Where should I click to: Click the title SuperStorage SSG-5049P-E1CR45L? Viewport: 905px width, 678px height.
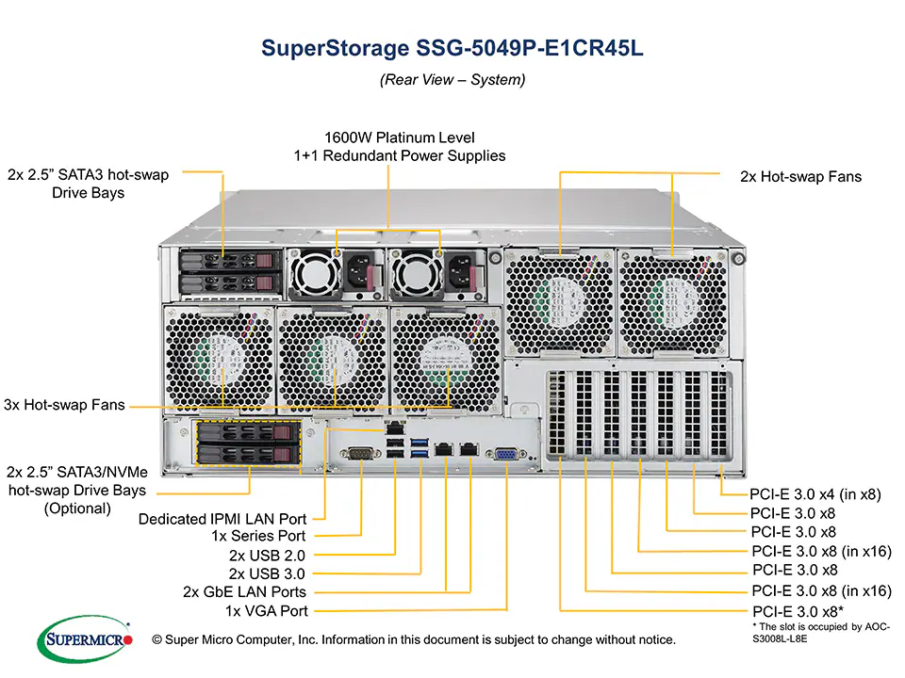click(x=452, y=49)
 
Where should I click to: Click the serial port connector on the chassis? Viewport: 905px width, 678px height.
click(x=359, y=457)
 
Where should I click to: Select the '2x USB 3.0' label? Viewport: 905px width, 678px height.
click(x=268, y=573)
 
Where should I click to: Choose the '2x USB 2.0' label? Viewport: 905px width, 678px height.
click(x=268, y=555)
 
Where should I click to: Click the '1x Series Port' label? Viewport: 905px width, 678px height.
click(x=258, y=536)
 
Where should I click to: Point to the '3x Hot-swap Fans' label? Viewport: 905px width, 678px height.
click(x=63, y=405)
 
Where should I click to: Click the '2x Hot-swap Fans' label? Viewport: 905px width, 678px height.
click(x=800, y=176)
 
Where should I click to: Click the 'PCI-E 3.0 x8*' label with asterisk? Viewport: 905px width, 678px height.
click(x=798, y=610)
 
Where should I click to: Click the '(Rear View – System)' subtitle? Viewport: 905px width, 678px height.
click(x=452, y=80)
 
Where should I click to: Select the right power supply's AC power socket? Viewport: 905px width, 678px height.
click(x=461, y=273)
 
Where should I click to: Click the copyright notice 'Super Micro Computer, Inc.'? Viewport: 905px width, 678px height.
click(x=414, y=639)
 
